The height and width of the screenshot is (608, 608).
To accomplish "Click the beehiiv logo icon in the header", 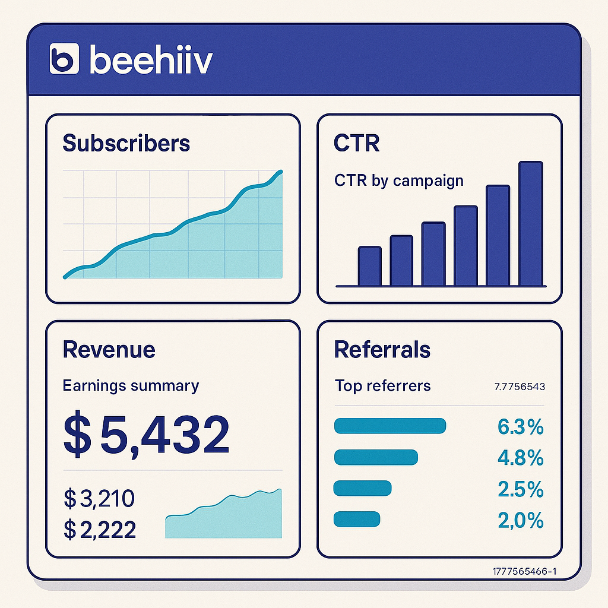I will coord(64,59).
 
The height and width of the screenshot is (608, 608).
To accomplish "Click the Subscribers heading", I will coord(126,143).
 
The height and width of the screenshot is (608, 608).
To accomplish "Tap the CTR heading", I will coord(357,143).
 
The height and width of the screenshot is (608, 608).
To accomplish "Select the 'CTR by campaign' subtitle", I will coord(399,180).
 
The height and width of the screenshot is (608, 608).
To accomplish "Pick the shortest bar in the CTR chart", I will coord(369,266).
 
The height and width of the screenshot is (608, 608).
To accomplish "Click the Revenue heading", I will coord(109,349).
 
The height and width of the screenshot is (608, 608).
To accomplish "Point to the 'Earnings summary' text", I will coord(131,385).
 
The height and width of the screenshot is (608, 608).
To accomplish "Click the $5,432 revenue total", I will coord(146,435).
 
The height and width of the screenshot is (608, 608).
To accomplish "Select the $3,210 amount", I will coord(99,499).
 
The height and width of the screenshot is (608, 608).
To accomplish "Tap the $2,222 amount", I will coord(100,529).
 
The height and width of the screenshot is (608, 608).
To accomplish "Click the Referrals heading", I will coord(382,349).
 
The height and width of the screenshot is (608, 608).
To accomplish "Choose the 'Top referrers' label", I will coord(382,385).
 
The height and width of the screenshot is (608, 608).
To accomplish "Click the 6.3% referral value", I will coord(520,426).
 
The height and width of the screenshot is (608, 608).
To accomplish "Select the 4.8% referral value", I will coord(520,458).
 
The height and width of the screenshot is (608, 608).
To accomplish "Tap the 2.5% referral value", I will coord(520,489).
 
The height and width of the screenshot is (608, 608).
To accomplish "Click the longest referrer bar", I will coord(390,426).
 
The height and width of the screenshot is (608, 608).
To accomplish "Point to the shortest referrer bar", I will coord(356,519).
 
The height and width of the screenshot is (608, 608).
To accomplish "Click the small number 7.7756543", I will coord(520,387).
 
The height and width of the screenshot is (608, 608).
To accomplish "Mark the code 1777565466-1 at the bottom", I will coord(524,572).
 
